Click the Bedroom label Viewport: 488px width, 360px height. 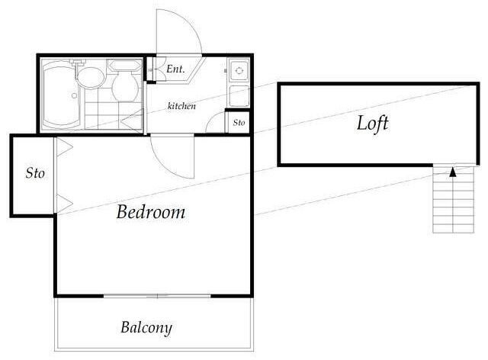tap(151, 212)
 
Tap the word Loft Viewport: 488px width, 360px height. tap(373, 124)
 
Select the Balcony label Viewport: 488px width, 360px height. tap(146, 328)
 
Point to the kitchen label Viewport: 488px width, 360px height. tap(181, 106)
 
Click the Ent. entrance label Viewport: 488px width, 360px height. tap(175, 69)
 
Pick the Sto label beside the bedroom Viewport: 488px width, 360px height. tap(35, 173)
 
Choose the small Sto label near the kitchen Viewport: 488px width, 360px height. tap(239, 123)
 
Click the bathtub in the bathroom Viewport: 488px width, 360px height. tap(61, 95)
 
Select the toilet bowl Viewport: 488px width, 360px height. tap(125, 87)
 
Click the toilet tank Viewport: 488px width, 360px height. tap(124, 66)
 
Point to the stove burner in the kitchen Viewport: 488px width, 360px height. tap(239, 71)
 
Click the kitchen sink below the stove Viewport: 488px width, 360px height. tap(239, 96)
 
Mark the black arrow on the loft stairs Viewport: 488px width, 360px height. tap(453, 172)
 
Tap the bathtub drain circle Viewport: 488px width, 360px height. tap(75, 95)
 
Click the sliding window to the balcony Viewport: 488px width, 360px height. tap(157, 296)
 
